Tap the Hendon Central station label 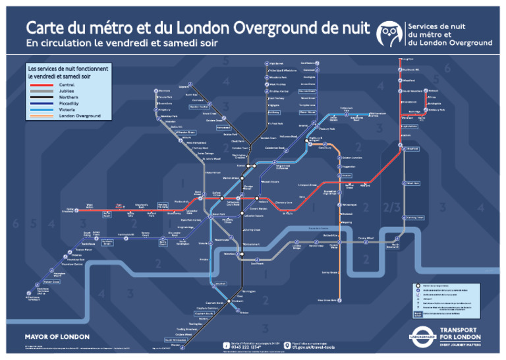pos(200,106)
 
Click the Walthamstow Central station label pos(378,115)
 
